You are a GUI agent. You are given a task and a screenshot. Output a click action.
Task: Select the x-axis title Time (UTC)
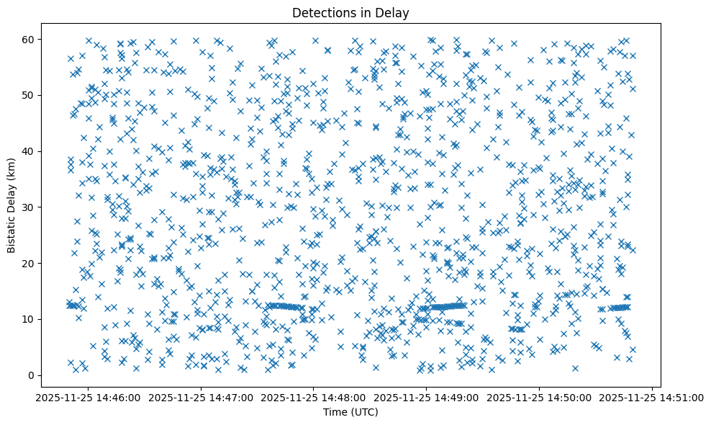(x=350, y=413)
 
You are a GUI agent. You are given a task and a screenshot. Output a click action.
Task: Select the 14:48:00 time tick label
(x=313, y=397)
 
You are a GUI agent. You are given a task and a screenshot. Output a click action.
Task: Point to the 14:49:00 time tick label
(x=426, y=397)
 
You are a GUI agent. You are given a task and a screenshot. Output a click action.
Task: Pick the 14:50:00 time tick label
(x=539, y=397)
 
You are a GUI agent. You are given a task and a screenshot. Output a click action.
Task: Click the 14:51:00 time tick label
(x=652, y=397)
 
